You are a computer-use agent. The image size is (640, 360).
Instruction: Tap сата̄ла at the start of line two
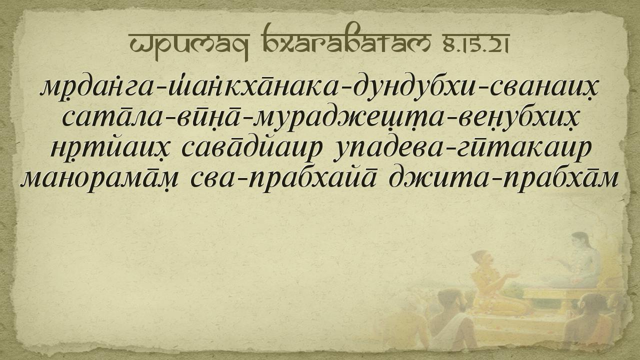click(x=112, y=118)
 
